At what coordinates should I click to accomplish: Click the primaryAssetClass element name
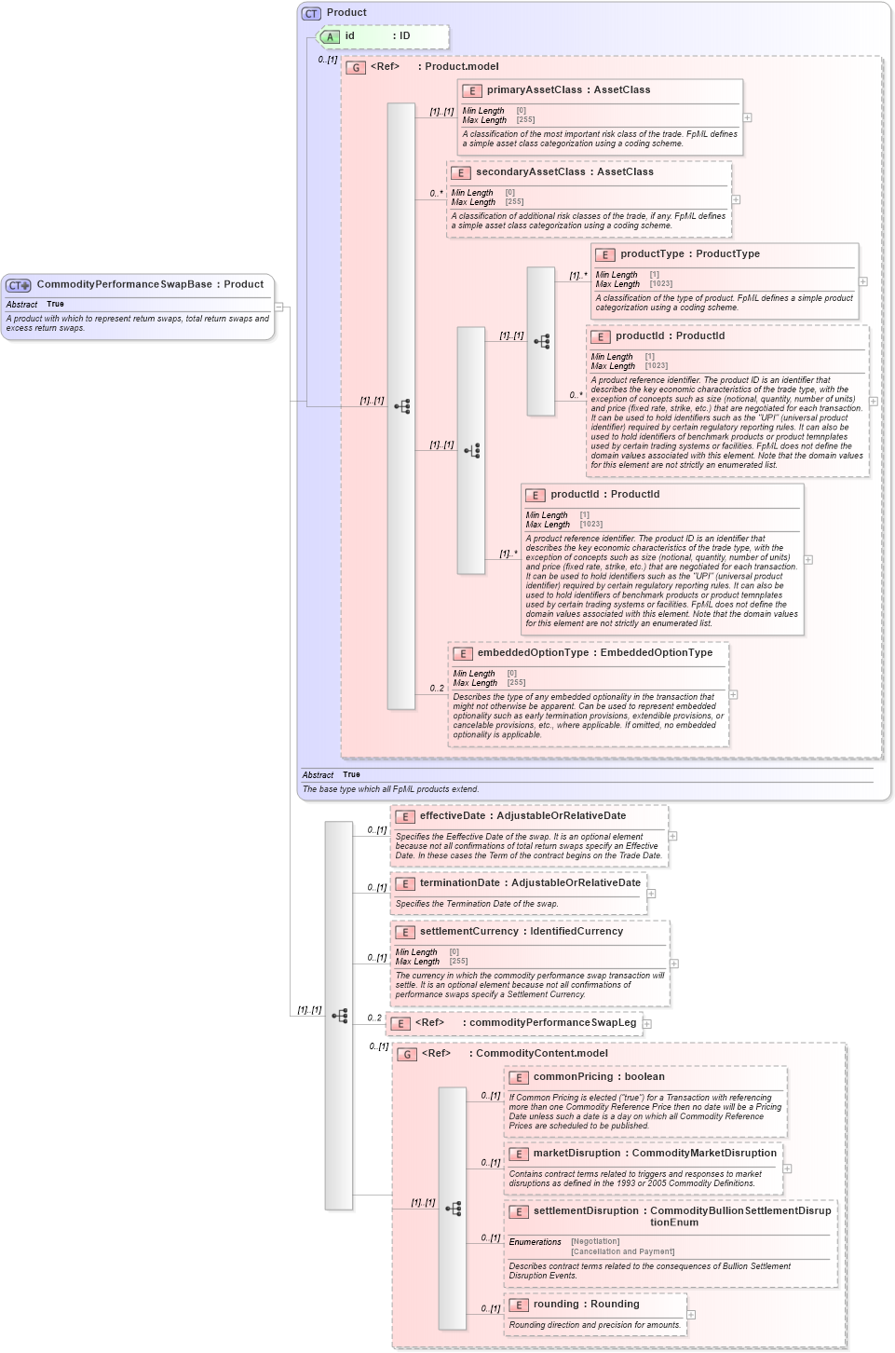[x=534, y=90]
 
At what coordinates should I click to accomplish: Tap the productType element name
[x=652, y=254]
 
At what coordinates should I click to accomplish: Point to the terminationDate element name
[x=459, y=883]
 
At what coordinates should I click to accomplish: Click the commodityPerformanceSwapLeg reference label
[x=552, y=1023]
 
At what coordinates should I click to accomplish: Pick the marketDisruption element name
[x=576, y=1154]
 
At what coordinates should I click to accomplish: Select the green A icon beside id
[x=330, y=37]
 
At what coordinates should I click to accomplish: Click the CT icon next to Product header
[x=311, y=13]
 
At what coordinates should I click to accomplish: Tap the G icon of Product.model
[x=356, y=67]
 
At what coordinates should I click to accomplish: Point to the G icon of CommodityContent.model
[x=407, y=1054]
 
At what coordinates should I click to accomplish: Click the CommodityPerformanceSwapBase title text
[x=124, y=285]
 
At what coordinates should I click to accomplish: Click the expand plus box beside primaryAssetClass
[x=747, y=117]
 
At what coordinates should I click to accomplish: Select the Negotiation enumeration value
[x=595, y=1242]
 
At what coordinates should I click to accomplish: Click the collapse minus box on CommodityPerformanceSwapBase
[x=278, y=307]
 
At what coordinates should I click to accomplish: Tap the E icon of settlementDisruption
[x=519, y=1212]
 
